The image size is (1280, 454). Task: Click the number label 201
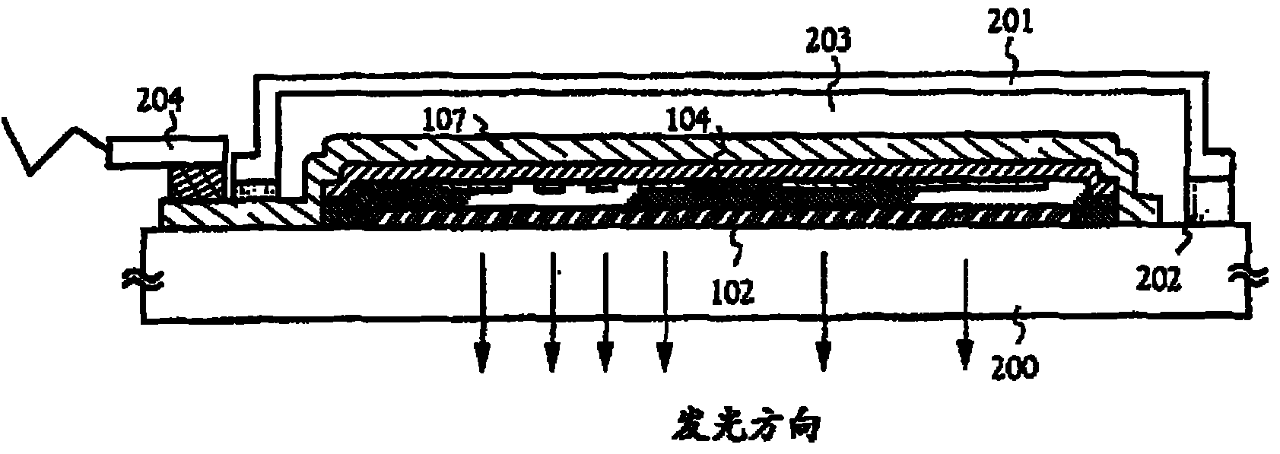[1010, 27]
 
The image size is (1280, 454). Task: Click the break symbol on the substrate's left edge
[145, 281]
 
